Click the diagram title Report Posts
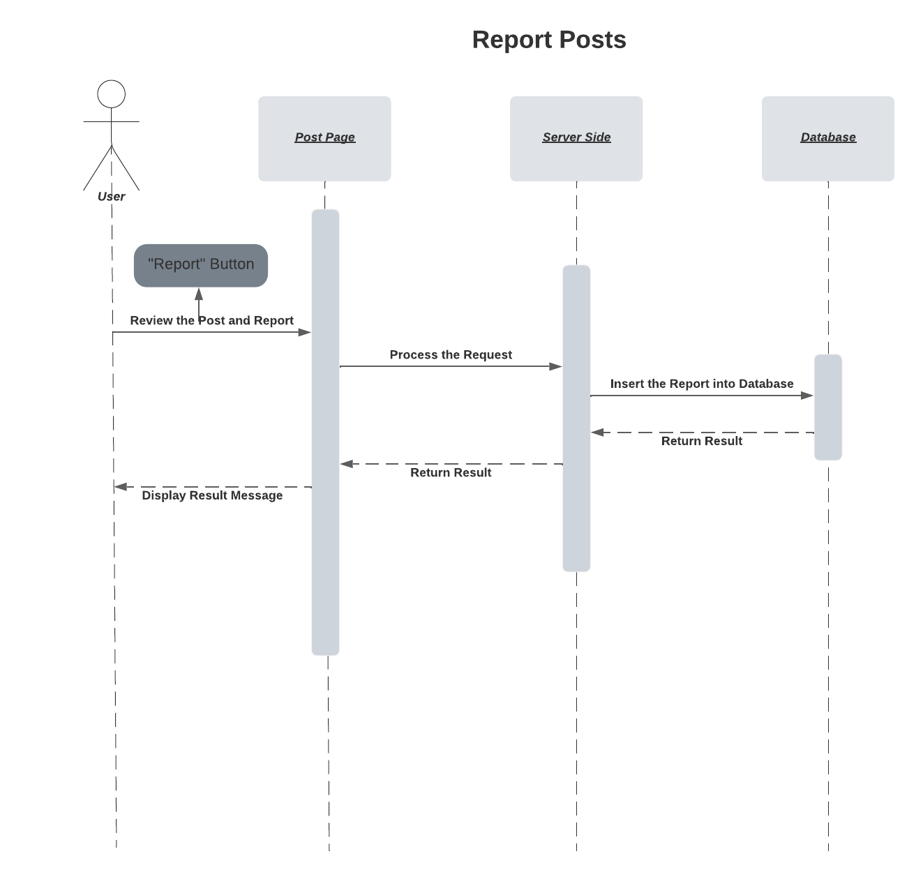[x=548, y=40]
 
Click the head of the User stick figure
[x=112, y=94]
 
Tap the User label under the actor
[x=112, y=197]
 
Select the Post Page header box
[x=324, y=138]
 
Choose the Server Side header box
[x=576, y=138]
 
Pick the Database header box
[x=827, y=138]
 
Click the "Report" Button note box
[x=201, y=265]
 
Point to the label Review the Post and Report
[x=211, y=320]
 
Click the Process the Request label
[x=451, y=354]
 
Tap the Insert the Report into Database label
[x=702, y=384]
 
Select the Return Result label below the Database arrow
[x=702, y=441]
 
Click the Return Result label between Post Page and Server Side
[x=451, y=472]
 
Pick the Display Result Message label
[x=212, y=495]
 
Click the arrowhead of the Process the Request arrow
[x=556, y=366]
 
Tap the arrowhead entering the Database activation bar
[x=807, y=396]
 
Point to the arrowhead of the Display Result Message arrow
[x=121, y=487]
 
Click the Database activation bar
[x=828, y=407]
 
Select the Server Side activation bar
[x=576, y=419]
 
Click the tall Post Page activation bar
[x=325, y=433]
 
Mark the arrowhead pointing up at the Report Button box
[x=199, y=294]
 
